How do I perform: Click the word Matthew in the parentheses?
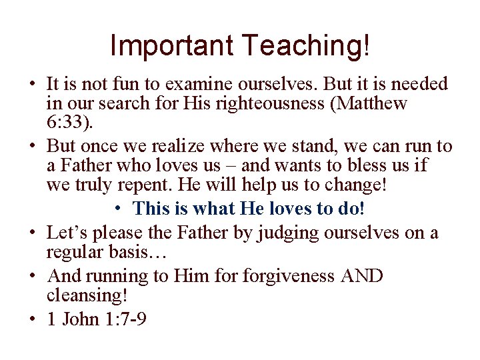pos(377,105)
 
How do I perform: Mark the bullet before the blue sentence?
pos(117,209)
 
